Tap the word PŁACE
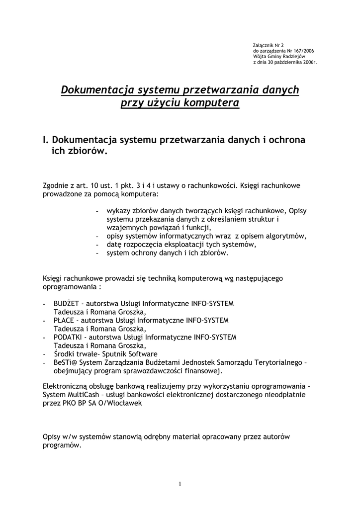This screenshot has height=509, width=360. [x=64, y=320]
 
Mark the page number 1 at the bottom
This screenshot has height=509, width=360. [x=180, y=485]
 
